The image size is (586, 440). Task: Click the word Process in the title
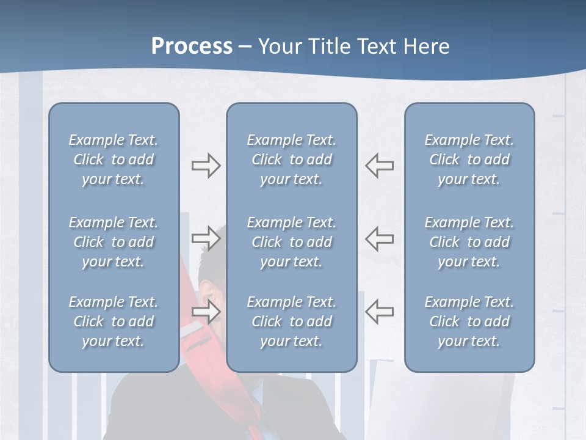[x=192, y=46]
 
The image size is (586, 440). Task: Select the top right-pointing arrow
[x=206, y=166]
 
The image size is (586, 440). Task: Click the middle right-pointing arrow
[x=206, y=238]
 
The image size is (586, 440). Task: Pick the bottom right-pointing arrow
[x=206, y=311]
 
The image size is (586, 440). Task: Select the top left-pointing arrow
[x=379, y=166]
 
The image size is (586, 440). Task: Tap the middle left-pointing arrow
[x=379, y=238]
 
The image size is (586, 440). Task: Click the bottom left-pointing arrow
[x=379, y=311]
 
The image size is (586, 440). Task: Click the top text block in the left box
[x=114, y=159]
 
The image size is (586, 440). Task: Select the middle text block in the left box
[x=114, y=242]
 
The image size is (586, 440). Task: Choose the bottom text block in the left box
[x=114, y=321]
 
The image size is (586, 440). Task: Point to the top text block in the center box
[x=291, y=159]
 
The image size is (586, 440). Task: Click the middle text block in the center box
[x=291, y=242]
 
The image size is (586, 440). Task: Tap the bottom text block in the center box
[x=291, y=321]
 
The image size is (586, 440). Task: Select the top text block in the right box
[x=469, y=159]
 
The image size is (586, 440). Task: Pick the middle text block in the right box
[x=469, y=242]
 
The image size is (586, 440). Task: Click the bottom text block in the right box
[x=469, y=321]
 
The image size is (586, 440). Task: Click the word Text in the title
[x=374, y=46]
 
